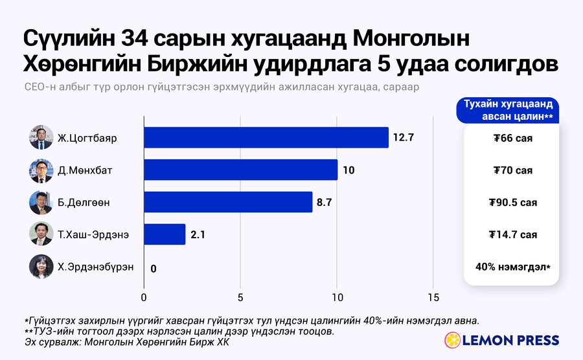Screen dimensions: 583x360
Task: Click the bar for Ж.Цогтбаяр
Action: [266, 137]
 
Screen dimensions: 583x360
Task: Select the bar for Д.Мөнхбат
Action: [241, 170]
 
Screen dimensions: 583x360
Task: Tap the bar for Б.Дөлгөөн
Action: [228, 202]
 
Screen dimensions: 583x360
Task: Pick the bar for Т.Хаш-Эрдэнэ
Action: [165, 234]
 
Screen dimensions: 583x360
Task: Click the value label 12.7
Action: [404, 137]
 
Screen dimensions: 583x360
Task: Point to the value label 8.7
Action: [325, 202]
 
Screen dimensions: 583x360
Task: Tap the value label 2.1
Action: [198, 234]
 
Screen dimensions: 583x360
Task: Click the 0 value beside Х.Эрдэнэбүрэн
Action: [154, 269]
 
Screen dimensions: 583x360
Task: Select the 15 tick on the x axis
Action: [433, 298]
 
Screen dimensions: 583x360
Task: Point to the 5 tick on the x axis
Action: [240, 298]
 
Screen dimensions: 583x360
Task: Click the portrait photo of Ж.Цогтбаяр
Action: [41, 137]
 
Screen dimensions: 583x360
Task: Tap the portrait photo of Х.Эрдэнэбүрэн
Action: [41, 266]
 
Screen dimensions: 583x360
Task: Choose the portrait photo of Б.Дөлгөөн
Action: [41, 202]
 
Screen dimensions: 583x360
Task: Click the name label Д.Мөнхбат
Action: [85, 170]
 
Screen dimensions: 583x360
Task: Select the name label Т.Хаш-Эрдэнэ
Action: [93, 235]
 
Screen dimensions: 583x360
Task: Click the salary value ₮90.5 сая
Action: [513, 203]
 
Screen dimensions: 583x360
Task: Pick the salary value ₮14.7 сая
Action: [513, 235]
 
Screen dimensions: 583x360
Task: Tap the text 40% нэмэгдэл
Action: [511, 267]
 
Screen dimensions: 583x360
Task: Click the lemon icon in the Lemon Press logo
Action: [453, 340]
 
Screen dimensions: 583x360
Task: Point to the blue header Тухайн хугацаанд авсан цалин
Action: [508, 110]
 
